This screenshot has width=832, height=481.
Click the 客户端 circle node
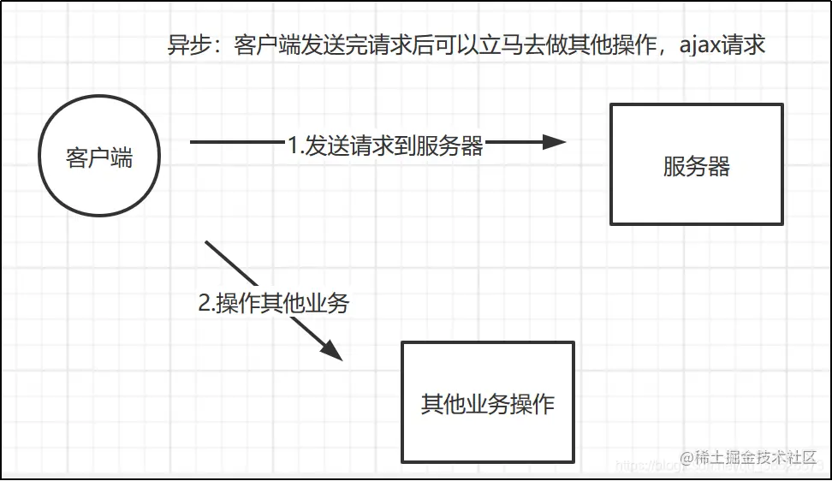99,157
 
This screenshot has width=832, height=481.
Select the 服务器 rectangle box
696,164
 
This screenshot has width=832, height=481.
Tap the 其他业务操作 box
487,402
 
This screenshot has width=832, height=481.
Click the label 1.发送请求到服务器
385,146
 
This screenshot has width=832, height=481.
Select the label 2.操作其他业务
273,303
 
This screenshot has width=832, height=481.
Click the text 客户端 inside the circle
99,157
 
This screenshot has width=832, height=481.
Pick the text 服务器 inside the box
696,166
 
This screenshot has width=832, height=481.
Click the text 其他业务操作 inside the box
487,403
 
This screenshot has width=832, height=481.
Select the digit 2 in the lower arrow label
204,304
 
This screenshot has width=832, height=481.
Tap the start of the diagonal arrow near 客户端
208,244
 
